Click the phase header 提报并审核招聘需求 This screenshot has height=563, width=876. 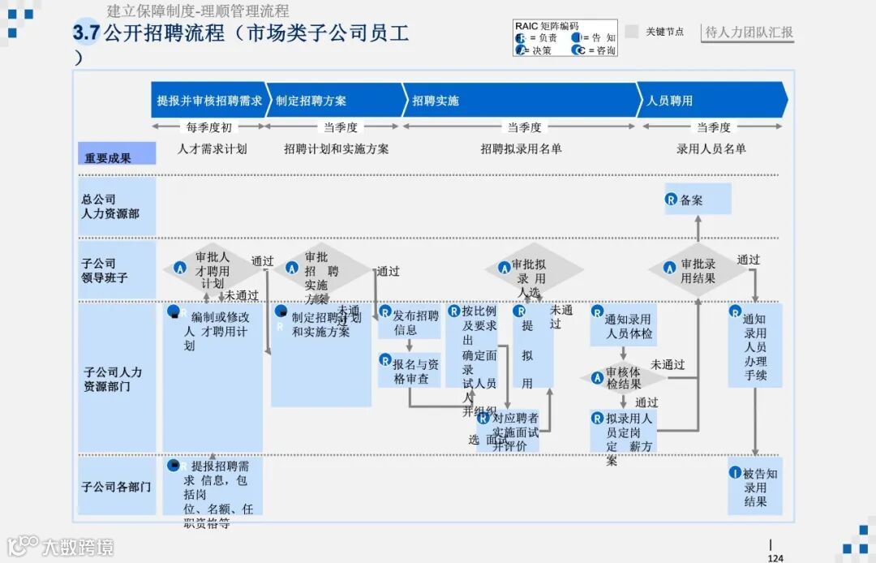click(x=208, y=101)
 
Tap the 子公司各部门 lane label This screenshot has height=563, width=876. click(x=116, y=487)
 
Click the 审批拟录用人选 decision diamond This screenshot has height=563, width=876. click(x=533, y=271)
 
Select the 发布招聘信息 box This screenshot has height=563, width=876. click(x=409, y=322)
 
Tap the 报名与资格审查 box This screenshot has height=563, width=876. click(x=409, y=371)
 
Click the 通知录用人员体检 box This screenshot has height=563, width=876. click(x=623, y=326)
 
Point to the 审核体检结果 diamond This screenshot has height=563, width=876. click(x=623, y=377)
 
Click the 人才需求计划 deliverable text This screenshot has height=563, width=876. click(x=213, y=148)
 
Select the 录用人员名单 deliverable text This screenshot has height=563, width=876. click(x=711, y=148)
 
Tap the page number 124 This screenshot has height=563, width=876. click(x=775, y=557)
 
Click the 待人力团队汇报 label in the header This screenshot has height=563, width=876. click(x=749, y=32)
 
